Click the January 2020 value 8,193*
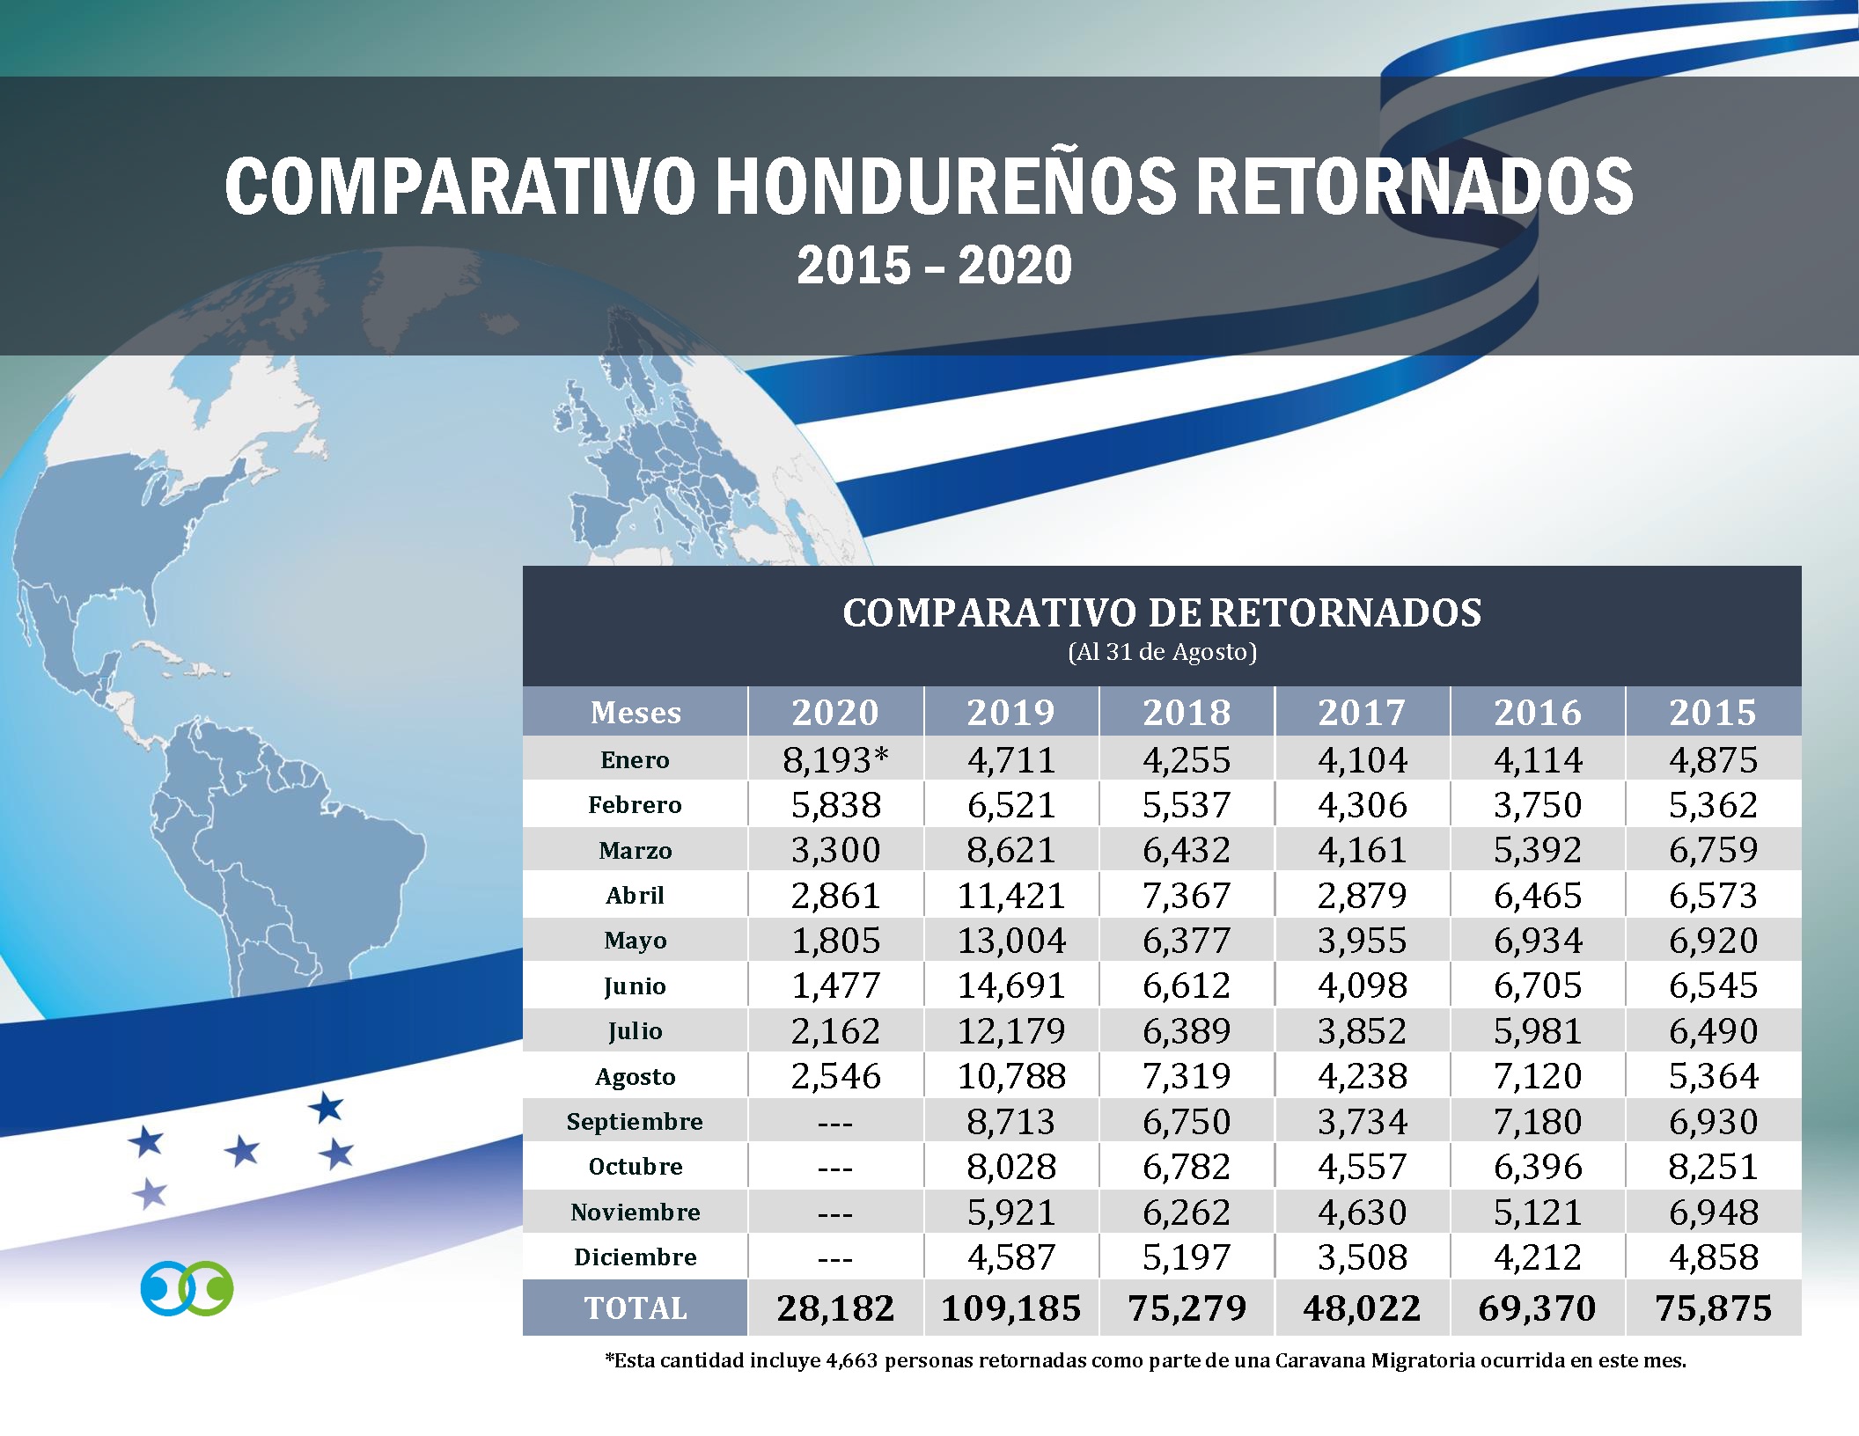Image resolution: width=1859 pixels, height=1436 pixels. pos(835,760)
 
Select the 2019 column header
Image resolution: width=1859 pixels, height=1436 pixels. pos(1010,712)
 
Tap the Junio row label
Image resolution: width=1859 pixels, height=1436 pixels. pos(635,986)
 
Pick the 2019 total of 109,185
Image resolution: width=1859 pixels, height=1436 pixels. pos(1010,1308)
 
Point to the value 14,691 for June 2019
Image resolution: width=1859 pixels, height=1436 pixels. pos(1010,986)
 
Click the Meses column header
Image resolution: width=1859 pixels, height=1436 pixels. pos(636,712)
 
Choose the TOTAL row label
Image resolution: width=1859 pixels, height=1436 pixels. pos(636,1308)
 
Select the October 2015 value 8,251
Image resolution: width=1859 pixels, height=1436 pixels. pos(1713,1167)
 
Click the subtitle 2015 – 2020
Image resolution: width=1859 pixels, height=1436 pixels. pos(934,266)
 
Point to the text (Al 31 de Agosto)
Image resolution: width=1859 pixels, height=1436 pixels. pos(1162,652)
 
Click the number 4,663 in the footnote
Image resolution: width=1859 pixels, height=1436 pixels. pos(851,1360)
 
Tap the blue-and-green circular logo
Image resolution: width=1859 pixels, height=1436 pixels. pos(187,1288)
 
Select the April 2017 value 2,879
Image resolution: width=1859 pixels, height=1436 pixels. pos(1362,896)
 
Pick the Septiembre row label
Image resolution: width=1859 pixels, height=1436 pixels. pos(635,1122)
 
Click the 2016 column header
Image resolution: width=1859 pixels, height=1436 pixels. pos(1537,712)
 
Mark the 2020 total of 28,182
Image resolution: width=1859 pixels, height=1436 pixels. pos(835,1308)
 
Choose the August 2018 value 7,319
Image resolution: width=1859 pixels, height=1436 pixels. pos(1187,1076)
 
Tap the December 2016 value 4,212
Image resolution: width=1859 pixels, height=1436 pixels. pos(1537,1257)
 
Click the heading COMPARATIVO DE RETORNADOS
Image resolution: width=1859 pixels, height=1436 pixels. pos(1162,613)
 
